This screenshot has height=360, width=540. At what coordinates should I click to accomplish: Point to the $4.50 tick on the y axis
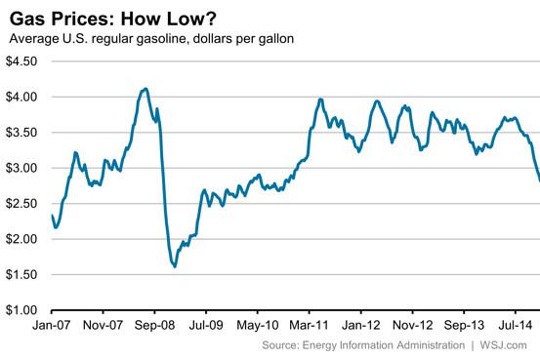[22, 60]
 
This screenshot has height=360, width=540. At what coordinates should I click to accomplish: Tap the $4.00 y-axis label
[22, 97]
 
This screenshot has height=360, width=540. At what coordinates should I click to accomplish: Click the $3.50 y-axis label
[22, 133]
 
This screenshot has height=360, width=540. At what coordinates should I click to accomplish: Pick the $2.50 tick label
[22, 204]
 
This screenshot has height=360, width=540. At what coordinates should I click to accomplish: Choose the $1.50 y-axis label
[22, 275]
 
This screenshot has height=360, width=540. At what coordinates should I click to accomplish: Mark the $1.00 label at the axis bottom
[22, 310]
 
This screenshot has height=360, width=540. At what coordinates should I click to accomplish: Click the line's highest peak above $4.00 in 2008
[145, 89]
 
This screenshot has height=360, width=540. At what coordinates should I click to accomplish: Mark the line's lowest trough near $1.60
[175, 266]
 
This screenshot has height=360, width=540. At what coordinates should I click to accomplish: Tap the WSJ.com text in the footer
[509, 345]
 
